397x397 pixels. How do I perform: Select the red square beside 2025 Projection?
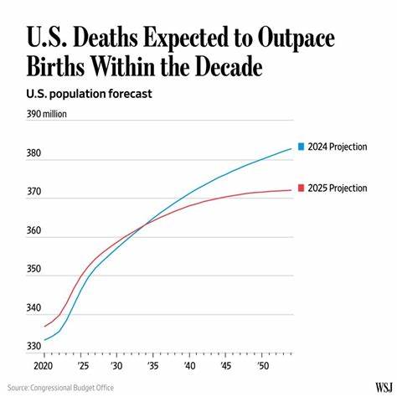click(302, 188)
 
